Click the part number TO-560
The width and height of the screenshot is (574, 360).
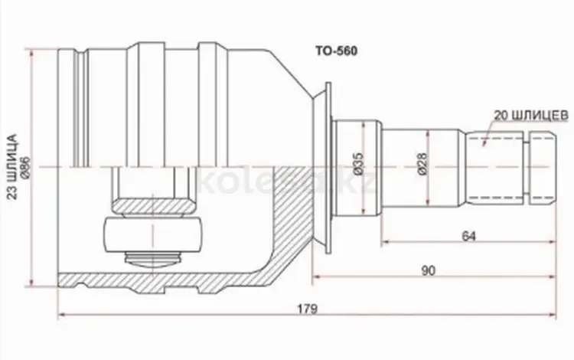pos(337,51)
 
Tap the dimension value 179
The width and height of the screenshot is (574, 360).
pos(307,309)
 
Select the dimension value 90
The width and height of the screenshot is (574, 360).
pos(429,270)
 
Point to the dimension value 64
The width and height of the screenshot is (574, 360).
pos(468,236)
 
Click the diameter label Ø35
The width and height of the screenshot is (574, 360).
pos(358,163)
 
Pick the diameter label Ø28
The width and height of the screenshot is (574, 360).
pos(422,164)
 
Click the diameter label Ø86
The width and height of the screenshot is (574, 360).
pos(25,168)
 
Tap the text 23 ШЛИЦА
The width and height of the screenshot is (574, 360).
pos(13,167)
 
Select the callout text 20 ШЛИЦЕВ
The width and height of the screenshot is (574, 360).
pos(532,116)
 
